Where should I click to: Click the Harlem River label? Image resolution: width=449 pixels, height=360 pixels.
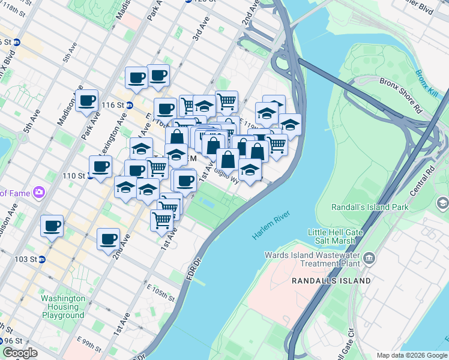(271, 226)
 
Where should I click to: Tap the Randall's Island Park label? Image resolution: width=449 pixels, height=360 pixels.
(370, 207)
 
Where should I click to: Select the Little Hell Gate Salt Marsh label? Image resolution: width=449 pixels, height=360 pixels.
(334, 236)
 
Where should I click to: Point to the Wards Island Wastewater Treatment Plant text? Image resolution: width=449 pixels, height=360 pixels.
(312, 259)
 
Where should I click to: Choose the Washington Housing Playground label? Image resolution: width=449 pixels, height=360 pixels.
(63, 307)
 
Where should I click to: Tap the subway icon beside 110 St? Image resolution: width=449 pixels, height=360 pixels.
(91, 176)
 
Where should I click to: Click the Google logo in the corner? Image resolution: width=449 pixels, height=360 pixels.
(20, 353)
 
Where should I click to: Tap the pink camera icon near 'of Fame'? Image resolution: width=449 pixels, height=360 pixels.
(39, 193)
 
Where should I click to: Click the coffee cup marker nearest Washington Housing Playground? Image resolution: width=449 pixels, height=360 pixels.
(108, 239)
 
